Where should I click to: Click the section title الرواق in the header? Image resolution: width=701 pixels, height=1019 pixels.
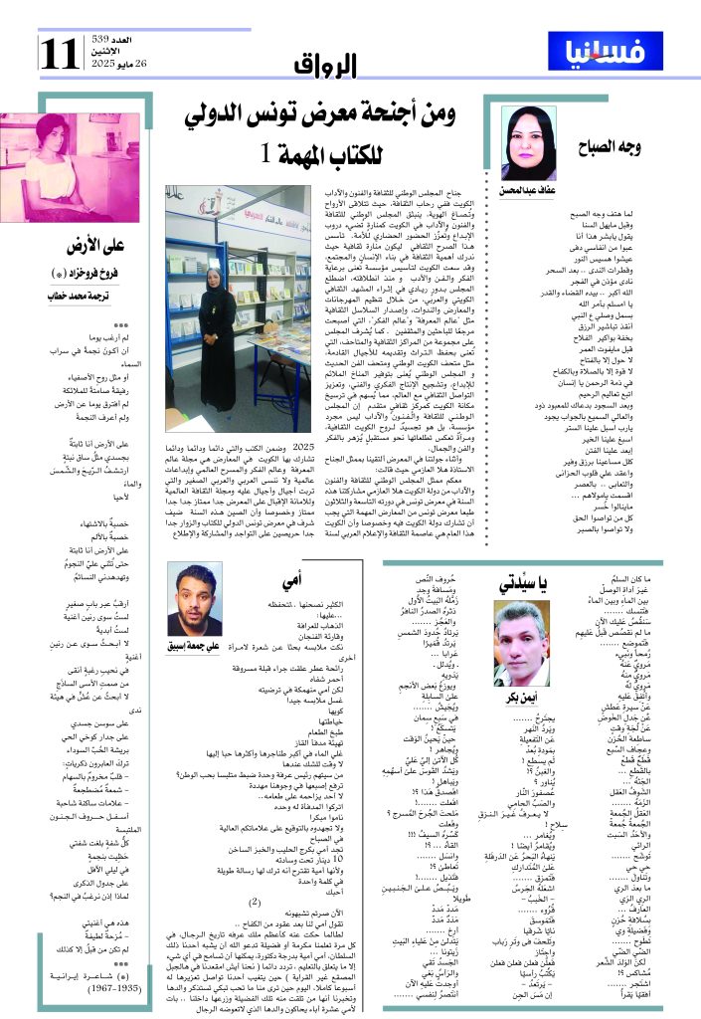click(x=325, y=66)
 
